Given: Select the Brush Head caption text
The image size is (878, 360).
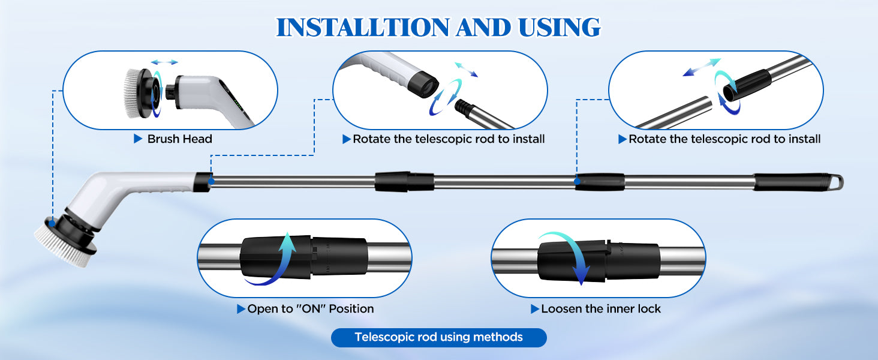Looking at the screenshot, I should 179,139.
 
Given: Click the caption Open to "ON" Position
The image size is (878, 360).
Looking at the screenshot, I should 310,309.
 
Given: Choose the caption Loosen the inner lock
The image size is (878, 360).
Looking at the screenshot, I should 600,309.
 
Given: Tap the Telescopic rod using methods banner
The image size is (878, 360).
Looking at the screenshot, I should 438,337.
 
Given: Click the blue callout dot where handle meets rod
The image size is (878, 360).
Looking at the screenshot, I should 211,180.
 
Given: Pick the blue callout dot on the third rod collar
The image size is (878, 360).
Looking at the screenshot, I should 576,180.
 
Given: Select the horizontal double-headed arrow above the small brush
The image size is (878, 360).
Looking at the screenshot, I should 164,62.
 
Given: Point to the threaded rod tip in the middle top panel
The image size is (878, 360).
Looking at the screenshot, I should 463,106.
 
